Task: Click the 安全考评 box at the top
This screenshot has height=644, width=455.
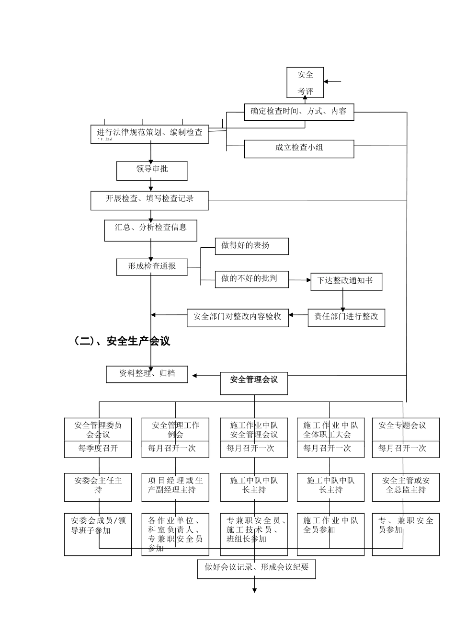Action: coord(305,82)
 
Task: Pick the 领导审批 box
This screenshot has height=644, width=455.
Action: coord(152,170)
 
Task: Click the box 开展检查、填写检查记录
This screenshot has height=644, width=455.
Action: coord(149,200)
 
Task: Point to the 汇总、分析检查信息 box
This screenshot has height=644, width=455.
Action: coord(151,230)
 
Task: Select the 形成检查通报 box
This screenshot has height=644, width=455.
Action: coord(152,267)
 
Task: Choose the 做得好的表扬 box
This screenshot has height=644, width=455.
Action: coord(251,246)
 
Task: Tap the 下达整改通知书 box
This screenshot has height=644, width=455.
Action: coord(346,281)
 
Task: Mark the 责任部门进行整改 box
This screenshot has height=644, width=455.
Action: coord(346,317)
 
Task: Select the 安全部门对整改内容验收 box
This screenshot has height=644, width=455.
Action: coord(238,317)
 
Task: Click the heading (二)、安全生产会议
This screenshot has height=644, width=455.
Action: coord(122,341)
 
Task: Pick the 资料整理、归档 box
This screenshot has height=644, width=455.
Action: coord(147,374)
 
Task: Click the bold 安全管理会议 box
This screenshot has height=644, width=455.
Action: coord(254,382)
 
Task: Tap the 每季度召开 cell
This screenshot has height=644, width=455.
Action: coord(98,449)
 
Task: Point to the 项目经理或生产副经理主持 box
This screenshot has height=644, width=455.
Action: coord(175,487)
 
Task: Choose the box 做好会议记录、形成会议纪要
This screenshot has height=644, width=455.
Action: coord(256,569)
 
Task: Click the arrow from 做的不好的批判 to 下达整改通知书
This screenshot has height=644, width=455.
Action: coord(300,280)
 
